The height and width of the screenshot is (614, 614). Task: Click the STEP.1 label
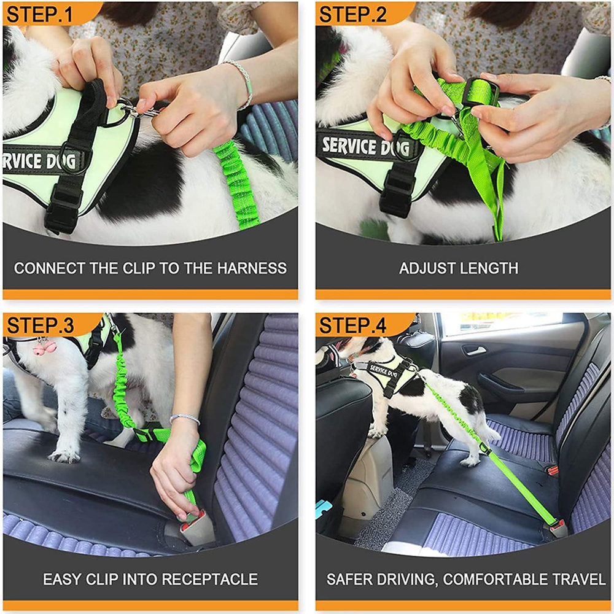pos(39,15)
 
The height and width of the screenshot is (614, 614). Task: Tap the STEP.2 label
pos(352,15)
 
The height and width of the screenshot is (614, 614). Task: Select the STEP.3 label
pos(40,325)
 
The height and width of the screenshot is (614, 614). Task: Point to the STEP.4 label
pos(352,325)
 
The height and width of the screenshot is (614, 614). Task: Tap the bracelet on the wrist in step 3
pos(185,418)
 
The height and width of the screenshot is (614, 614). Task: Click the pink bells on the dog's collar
pos(45,347)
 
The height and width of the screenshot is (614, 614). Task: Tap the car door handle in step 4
pos(473,350)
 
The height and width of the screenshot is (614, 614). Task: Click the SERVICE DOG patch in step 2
pos(367,147)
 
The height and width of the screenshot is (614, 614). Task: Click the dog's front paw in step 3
pos(63,455)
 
